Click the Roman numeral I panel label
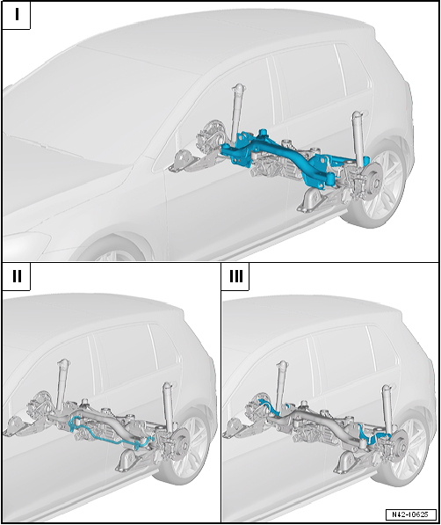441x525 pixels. pyautogui.click(x=17, y=15)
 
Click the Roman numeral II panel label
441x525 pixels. pyautogui.click(x=17, y=276)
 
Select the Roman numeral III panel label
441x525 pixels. pyautogui.click(x=236, y=276)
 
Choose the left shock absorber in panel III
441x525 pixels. pyautogui.click(x=281, y=385)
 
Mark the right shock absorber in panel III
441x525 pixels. pyautogui.click(x=387, y=409)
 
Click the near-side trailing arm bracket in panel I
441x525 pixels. pyautogui.click(x=312, y=201)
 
